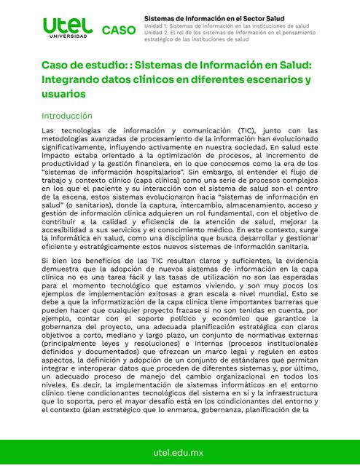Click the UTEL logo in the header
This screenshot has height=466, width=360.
coord(68,25)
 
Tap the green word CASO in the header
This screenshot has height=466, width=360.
coord(118,30)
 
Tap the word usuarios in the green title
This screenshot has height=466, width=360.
coord(64,95)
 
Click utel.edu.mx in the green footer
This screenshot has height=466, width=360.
coord(179,453)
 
